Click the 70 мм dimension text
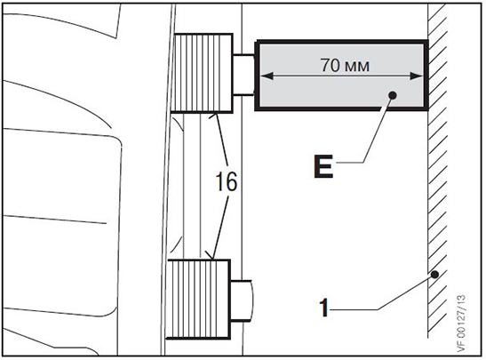point(345,66)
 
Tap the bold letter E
point(323,166)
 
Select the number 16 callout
point(227,181)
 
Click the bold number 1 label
point(324,308)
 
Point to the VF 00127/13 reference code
point(461,324)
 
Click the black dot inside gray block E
point(393,95)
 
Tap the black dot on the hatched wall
point(435,275)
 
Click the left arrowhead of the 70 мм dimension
point(267,76)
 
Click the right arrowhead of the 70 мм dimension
point(417,76)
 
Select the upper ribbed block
point(202,73)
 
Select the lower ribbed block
point(199,300)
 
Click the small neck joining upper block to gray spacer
point(243,75)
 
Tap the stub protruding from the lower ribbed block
point(242,300)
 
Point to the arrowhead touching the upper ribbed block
point(214,116)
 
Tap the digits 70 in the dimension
point(331,66)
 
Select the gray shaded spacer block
point(341,76)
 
